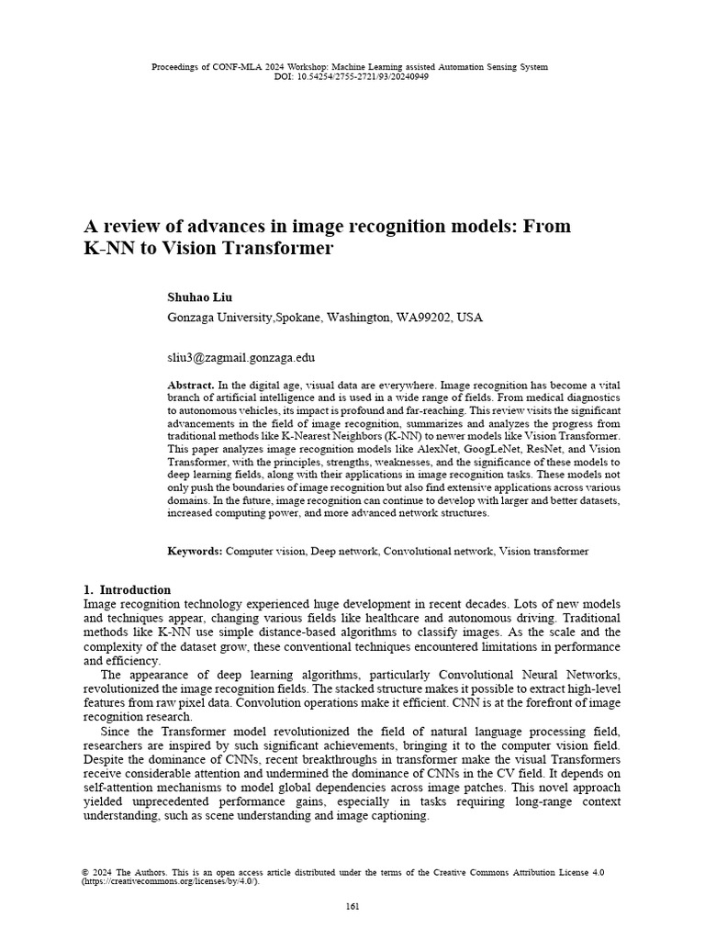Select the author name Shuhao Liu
coord(200,297)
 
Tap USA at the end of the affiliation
coord(469,318)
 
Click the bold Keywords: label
coord(194,551)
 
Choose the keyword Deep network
coord(342,551)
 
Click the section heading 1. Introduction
coord(127,589)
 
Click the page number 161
coord(352,907)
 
